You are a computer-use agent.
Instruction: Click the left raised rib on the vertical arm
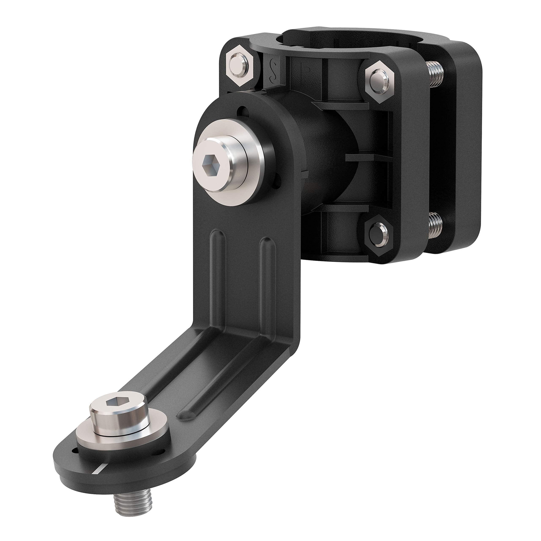tap(219, 260)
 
